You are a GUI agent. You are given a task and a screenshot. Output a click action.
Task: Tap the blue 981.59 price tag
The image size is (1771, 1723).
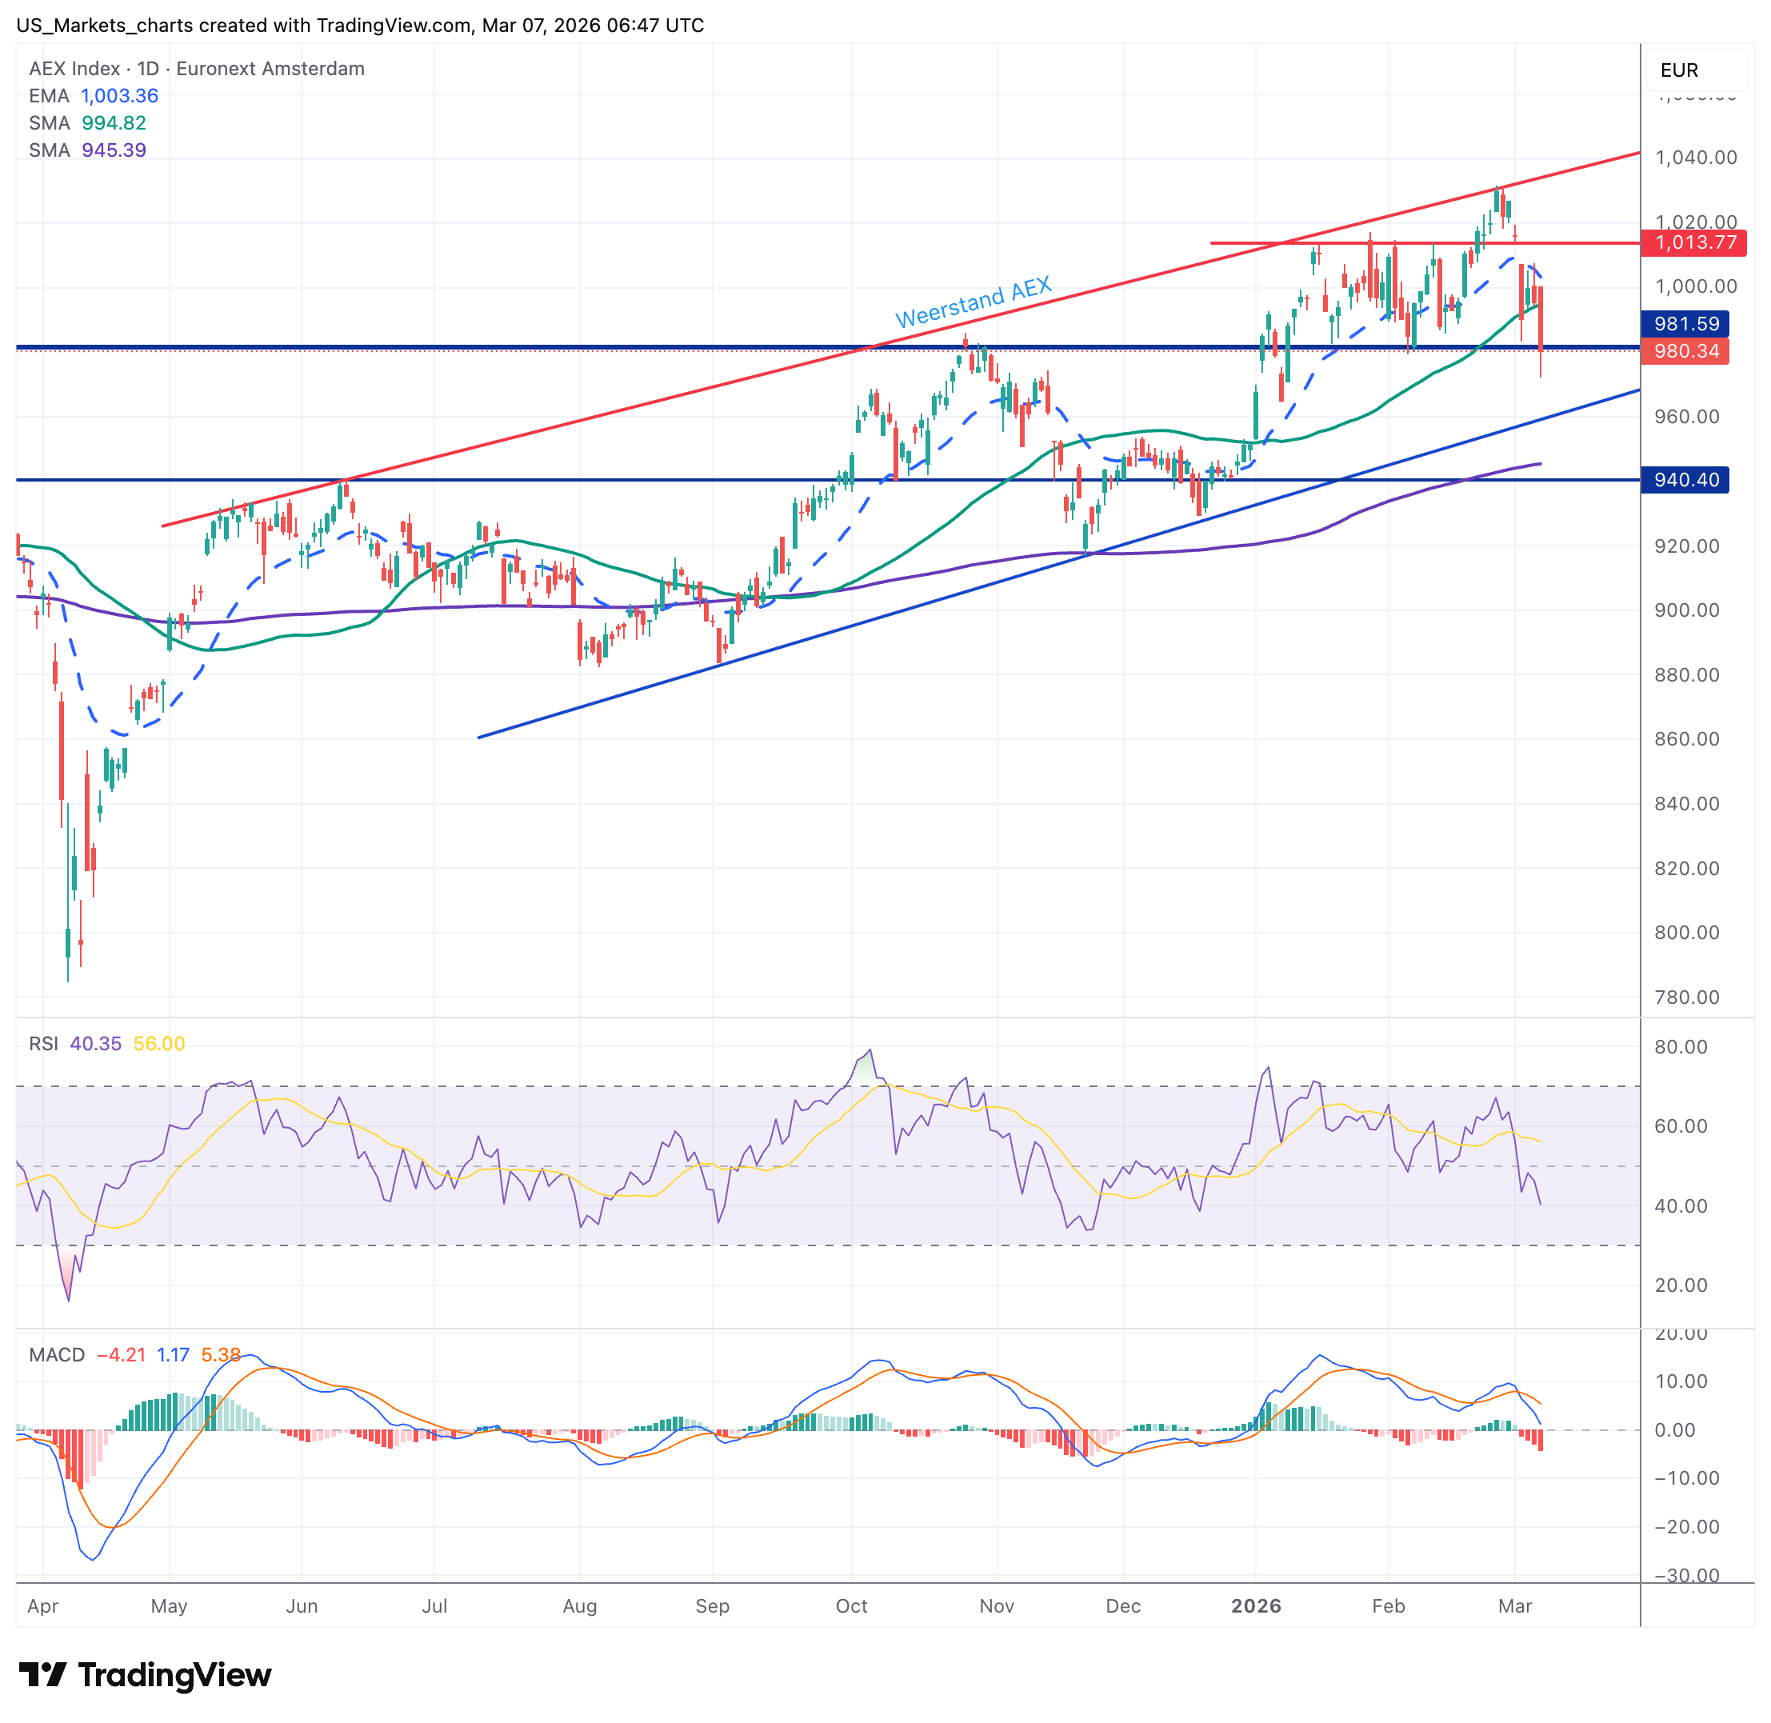click(x=1685, y=324)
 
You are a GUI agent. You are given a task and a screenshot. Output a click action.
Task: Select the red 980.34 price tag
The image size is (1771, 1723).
click(x=1685, y=351)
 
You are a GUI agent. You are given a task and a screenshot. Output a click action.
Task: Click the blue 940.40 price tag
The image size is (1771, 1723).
click(x=1685, y=480)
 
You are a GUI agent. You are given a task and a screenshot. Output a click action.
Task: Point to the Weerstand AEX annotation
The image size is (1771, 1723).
click(x=973, y=302)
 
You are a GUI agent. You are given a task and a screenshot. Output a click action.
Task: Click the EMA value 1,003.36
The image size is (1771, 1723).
click(x=119, y=96)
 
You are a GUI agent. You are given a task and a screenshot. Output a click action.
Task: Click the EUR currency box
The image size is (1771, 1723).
click(x=1679, y=70)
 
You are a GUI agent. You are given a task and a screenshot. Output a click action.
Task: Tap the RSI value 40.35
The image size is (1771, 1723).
click(x=95, y=1043)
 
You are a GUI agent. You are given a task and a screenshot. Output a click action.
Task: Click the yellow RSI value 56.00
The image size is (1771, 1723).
click(x=158, y=1043)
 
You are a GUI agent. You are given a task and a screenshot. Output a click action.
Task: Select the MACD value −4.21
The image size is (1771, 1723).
click(x=120, y=1355)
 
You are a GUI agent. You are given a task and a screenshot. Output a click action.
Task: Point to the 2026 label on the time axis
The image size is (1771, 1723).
click(x=1255, y=1605)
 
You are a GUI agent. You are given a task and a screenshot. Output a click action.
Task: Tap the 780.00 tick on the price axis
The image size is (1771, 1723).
click(x=1686, y=997)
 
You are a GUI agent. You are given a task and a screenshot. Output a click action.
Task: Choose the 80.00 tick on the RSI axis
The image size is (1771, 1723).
click(x=1681, y=1047)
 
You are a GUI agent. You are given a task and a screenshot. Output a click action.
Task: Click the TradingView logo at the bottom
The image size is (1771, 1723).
click(x=145, y=1675)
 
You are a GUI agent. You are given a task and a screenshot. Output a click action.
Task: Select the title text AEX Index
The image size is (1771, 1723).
click(x=74, y=69)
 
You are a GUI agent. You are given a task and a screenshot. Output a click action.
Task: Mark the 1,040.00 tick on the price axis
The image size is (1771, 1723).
click(x=1695, y=158)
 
